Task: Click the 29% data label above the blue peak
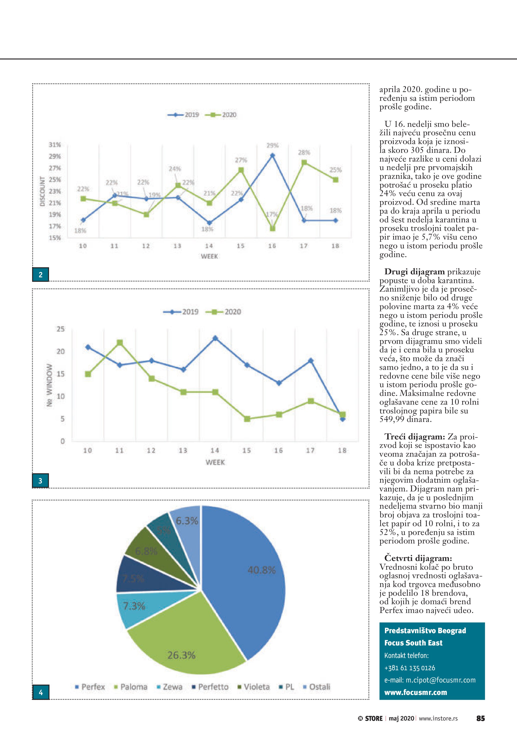pos(273,146)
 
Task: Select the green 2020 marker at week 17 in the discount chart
pos(304,163)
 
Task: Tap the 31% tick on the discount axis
pos(55,145)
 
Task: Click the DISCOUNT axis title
pos(42,191)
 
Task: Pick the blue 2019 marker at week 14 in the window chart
pos(215,338)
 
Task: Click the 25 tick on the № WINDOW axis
pos(61,329)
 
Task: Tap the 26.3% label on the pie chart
pos(181,655)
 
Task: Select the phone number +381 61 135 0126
pos(409,668)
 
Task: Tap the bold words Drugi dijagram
pos(414,272)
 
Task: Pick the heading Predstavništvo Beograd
pos(425,631)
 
